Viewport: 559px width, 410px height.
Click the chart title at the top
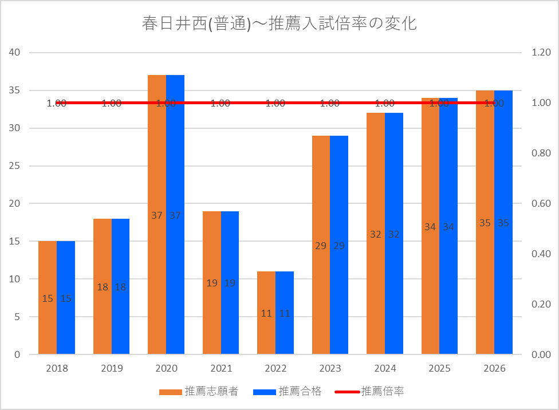click(x=279, y=23)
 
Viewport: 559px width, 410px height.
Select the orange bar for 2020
click(x=157, y=215)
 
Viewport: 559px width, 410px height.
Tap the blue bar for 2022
click(x=285, y=313)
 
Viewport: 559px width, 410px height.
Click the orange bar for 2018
click(x=48, y=298)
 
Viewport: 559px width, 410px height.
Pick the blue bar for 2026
click(x=503, y=222)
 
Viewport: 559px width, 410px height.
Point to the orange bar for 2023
click(x=321, y=245)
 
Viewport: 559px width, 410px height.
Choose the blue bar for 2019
click(x=120, y=286)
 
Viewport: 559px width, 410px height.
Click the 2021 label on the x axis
click(x=221, y=368)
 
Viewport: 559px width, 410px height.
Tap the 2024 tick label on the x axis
click(x=385, y=368)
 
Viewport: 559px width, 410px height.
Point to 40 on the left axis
click(x=14, y=53)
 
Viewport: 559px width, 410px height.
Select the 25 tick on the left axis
click(x=14, y=166)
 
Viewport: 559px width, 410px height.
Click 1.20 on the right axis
click(x=541, y=53)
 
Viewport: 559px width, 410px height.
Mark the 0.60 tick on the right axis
click(x=541, y=203)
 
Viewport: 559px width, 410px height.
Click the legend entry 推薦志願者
click(x=199, y=392)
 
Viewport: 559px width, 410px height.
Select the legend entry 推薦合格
click(x=288, y=392)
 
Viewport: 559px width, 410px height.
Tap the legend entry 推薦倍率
click(x=369, y=392)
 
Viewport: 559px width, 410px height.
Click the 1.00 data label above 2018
click(x=57, y=104)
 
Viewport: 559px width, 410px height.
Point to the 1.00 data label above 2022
click(x=275, y=104)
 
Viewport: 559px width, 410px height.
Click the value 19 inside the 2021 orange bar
click(x=212, y=283)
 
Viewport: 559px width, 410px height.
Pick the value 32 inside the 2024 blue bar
click(x=394, y=234)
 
